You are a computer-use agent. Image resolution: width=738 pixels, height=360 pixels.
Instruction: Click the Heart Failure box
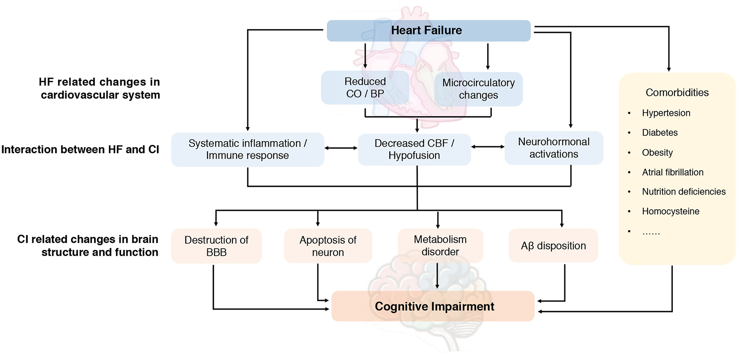coord(428,30)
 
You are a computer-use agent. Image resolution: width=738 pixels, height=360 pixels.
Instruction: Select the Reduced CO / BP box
coord(365,87)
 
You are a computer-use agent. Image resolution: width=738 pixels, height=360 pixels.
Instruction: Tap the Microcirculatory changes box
coord(478,89)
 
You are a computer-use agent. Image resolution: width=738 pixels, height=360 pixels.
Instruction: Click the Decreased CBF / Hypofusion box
coord(414,149)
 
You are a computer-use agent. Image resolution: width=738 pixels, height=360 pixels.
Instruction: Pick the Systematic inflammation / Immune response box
coord(247,149)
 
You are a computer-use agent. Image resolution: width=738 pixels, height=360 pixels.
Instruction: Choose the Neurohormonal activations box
coord(553,148)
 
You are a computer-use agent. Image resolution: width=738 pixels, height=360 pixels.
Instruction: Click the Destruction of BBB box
coord(216,246)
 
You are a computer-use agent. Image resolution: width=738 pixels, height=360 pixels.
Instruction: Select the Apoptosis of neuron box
coord(328,246)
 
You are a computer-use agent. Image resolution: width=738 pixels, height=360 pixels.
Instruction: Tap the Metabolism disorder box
coord(440,245)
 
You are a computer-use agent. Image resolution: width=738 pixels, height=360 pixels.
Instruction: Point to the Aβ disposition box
coord(553,246)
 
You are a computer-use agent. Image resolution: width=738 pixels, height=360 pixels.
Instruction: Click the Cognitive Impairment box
coord(433,306)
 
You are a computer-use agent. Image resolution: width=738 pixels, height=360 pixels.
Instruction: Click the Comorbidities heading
coord(677,92)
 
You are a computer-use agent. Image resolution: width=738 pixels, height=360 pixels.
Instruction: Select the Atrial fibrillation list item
coord(672,172)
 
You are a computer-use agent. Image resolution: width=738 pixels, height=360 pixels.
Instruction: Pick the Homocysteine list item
coord(671,211)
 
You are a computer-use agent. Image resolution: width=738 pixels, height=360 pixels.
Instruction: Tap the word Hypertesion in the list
coord(666,113)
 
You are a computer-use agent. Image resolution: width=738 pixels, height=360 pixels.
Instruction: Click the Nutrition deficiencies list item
coord(683,192)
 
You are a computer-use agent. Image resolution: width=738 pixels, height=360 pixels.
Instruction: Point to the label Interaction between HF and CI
coord(80,149)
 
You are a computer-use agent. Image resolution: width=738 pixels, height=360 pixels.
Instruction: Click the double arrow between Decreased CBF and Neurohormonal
coord(488,147)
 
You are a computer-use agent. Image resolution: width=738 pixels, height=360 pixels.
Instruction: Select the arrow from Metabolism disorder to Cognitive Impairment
coord(437,276)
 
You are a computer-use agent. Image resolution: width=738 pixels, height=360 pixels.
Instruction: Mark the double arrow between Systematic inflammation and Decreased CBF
coord(341,148)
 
